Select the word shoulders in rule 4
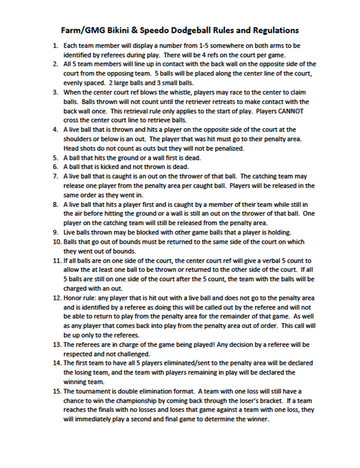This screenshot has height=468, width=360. pyautogui.click(x=78, y=139)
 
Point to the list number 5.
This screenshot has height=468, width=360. pyautogui.click(x=55, y=157)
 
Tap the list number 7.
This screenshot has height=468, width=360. pyautogui.click(x=55, y=176)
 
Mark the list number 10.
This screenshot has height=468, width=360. pyautogui.click(x=57, y=242)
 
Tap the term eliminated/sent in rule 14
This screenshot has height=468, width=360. pyautogui.click(x=212, y=363)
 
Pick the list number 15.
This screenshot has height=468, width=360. pyautogui.click(x=57, y=391)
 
